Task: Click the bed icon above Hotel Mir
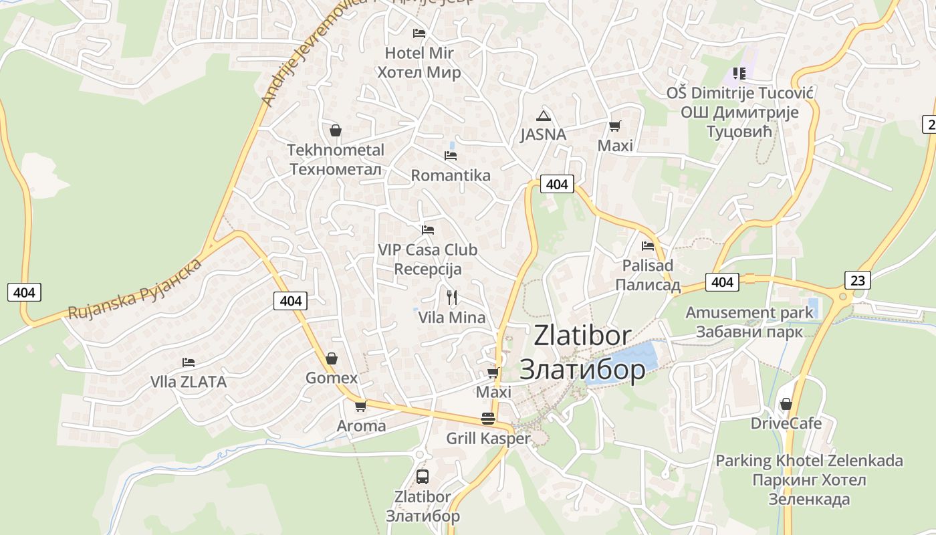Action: pos(419,33)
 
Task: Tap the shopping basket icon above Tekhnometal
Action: pos(336,130)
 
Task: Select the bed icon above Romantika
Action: pos(451,156)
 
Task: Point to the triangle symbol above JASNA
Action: pos(544,115)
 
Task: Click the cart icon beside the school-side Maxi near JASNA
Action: pos(615,126)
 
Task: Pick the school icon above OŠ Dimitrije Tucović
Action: pos(739,73)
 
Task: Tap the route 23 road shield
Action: pos(858,280)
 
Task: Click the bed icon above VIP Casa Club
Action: pos(428,230)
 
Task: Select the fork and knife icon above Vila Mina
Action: pos(452,298)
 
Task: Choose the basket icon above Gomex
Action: pos(332,358)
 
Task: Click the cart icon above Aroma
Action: pos(361,406)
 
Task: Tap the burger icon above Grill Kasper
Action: pos(488,419)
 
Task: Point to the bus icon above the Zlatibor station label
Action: pos(423,477)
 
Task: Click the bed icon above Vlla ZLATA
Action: pos(189,362)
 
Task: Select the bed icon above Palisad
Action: pos(648,246)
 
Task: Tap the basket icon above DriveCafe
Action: pos(786,404)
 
